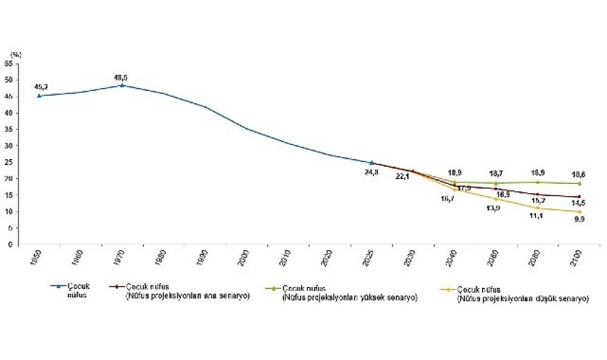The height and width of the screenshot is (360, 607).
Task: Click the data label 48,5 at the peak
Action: click(x=121, y=77)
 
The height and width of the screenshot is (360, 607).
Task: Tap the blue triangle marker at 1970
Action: click(x=122, y=85)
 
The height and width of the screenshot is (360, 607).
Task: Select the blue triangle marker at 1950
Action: click(x=39, y=95)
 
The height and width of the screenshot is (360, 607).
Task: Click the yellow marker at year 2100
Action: click(x=579, y=212)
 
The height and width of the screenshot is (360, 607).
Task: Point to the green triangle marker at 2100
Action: click(x=579, y=183)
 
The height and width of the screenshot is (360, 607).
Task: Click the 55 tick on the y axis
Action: click(x=8, y=63)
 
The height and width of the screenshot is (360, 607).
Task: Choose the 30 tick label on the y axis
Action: click(x=8, y=146)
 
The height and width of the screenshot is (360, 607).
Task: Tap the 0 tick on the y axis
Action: click(x=11, y=245)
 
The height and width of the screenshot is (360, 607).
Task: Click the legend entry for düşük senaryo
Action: click(x=523, y=293)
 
